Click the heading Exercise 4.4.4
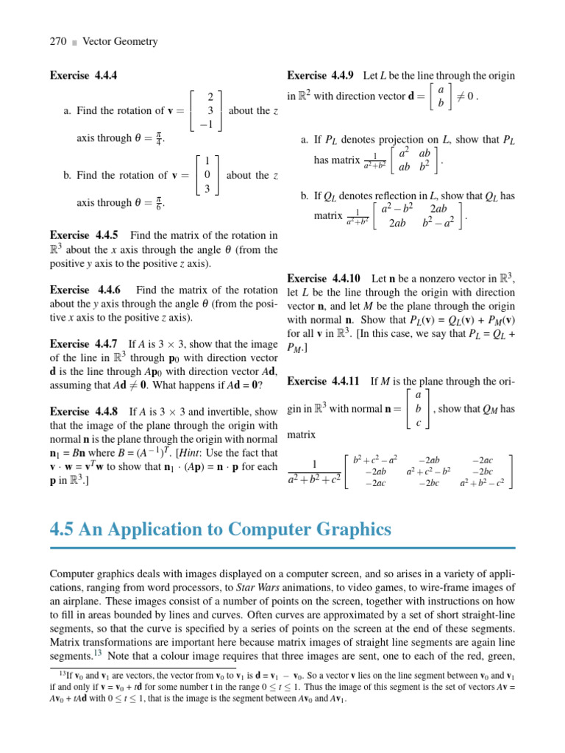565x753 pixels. coord(83,75)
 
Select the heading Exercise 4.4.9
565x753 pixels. coord(321,75)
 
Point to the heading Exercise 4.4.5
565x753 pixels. coord(83,235)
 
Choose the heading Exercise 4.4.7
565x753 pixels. coord(83,343)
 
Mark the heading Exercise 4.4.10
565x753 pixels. coord(323,278)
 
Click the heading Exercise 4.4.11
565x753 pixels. coord(323,381)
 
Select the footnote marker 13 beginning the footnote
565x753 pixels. coord(63,671)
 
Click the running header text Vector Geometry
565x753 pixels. coord(120,42)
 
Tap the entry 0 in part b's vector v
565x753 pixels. coord(207,175)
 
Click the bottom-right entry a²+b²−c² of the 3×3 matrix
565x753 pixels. coord(482,483)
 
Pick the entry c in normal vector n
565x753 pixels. coord(418,423)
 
